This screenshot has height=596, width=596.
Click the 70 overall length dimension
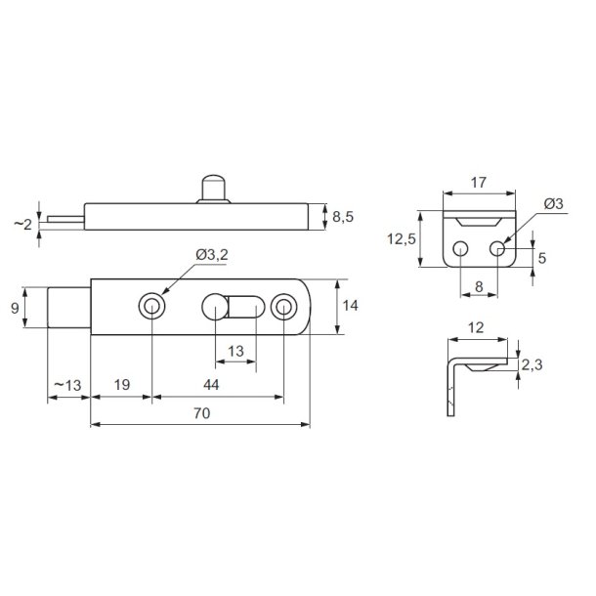(x=201, y=413)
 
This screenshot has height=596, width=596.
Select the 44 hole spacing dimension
(x=211, y=385)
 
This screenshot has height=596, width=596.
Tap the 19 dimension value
(x=122, y=385)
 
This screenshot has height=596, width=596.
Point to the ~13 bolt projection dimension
(x=68, y=385)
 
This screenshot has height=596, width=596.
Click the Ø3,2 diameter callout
(x=212, y=255)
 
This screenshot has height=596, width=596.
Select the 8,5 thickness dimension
(x=343, y=217)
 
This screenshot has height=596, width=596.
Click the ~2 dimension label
(x=22, y=225)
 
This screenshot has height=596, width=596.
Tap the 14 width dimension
(x=350, y=305)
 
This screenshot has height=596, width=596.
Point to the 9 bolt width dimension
(x=15, y=308)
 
